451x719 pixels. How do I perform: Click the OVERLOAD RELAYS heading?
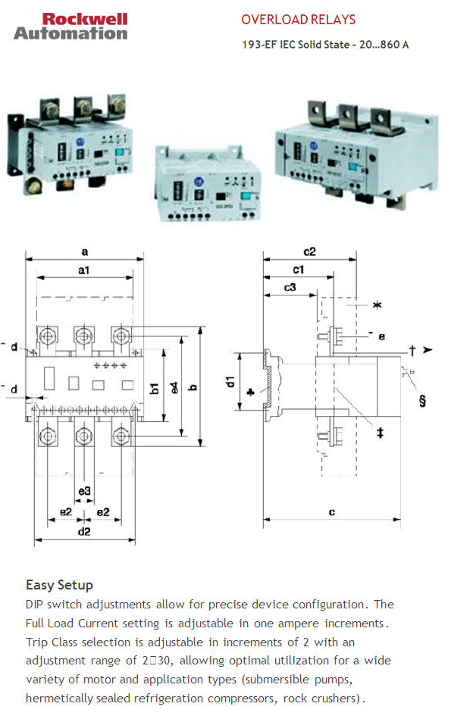[298, 20]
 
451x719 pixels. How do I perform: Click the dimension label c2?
[309, 252]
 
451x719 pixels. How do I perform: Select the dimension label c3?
[290, 288]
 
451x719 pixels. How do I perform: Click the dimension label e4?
[175, 387]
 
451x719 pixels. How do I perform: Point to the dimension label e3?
[84, 492]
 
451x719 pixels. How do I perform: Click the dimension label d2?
[84, 532]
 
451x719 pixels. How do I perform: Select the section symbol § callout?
[421, 399]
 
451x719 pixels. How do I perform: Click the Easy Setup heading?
[59, 585]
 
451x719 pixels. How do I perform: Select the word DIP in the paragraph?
[36, 605]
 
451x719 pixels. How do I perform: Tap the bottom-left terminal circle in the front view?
[48, 436]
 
